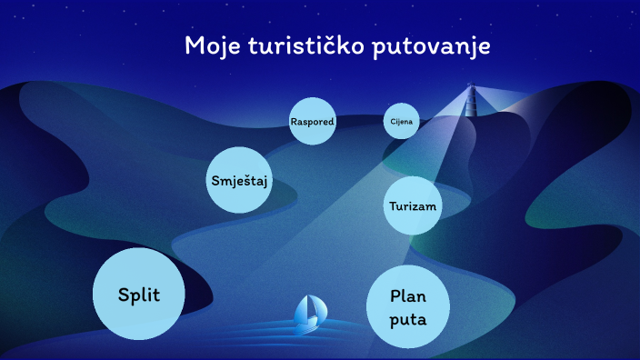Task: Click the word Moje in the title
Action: (212, 46)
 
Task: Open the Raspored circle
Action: (313, 121)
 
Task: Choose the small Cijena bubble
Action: (401, 121)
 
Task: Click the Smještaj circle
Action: (241, 180)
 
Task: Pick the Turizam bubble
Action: (413, 206)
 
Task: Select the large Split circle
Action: (139, 293)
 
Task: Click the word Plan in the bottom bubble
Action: (408, 295)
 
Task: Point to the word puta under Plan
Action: (408, 320)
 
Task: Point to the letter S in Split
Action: (124, 294)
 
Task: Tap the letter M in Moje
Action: (194, 46)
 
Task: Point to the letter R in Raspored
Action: (294, 121)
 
